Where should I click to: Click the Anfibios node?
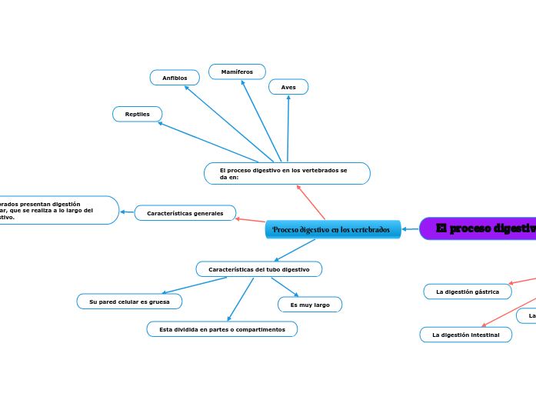coord(175,78)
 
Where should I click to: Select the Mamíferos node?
coord(237,72)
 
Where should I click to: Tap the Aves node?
coord(288,87)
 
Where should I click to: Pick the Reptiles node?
coord(138,114)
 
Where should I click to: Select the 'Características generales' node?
coord(185,213)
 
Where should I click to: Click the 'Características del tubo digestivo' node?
coord(259,269)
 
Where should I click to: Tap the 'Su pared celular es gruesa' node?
coord(129,302)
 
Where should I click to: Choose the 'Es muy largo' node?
coord(310,305)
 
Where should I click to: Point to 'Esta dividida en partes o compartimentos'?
coord(221,329)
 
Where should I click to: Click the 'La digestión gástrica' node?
coord(468,292)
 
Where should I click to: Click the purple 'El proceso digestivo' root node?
coord(481,228)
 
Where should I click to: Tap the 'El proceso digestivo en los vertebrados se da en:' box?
coord(287,173)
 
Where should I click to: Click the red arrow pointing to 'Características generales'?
coord(251,221)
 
